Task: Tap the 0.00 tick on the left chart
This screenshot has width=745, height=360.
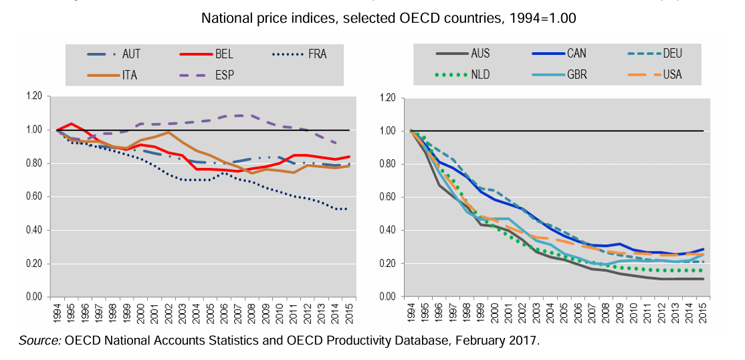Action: click(x=33, y=297)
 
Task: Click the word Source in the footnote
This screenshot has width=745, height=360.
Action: click(x=40, y=341)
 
